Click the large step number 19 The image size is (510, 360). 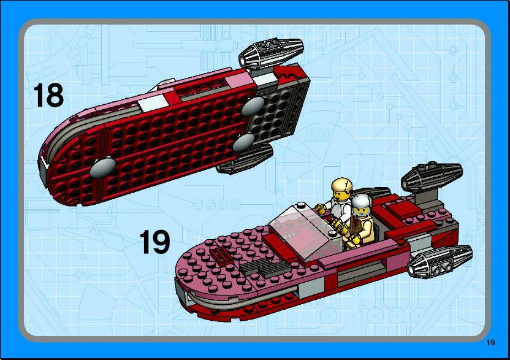(155, 242)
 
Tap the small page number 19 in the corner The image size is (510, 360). (491, 343)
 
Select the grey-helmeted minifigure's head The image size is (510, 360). (361, 206)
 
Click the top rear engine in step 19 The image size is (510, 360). (432, 176)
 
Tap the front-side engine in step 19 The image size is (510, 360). (440, 261)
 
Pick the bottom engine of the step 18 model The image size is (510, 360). (245, 159)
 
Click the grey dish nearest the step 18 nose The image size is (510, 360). (102, 167)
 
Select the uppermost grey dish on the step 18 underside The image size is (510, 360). (253, 106)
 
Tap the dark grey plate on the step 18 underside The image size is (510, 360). (275, 115)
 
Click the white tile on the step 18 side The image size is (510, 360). (148, 104)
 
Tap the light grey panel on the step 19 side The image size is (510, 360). (311, 288)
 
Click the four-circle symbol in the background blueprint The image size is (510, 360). (216, 205)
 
